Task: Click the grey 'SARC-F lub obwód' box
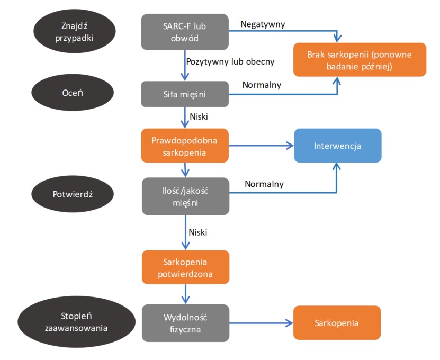[185, 31]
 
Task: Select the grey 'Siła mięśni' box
[185, 94]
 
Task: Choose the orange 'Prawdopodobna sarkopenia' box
[185, 146]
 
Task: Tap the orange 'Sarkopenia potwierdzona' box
[185, 267]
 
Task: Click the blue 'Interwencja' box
[337, 146]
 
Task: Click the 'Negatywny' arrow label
[263, 24]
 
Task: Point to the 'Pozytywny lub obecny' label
[230, 61]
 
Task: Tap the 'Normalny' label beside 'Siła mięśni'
[262, 85]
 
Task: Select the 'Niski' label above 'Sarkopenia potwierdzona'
[197, 232]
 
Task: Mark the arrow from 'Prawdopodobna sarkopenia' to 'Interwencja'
[262, 145]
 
